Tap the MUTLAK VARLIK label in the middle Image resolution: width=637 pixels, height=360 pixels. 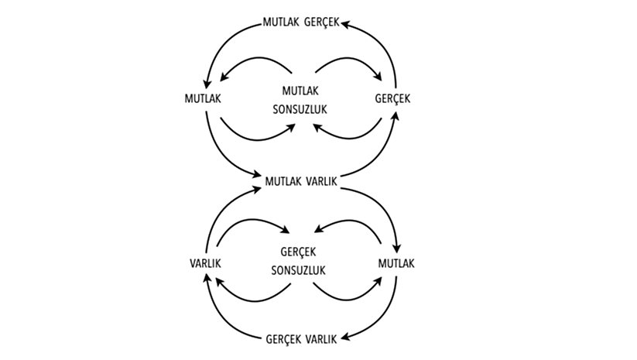click(x=301, y=181)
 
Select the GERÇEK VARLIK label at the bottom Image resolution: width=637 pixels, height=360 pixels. click(x=300, y=339)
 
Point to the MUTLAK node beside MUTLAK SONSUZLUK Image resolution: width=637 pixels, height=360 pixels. click(x=204, y=99)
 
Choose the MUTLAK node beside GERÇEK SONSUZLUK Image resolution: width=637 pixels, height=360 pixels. click(x=397, y=264)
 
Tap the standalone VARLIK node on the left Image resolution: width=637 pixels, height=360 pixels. click(x=206, y=264)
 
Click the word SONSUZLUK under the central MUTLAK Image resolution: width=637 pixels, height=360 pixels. click(x=300, y=109)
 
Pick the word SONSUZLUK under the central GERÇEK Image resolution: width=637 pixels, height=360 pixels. click(x=300, y=271)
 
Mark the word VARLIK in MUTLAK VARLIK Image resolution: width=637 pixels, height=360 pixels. click(x=319, y=181)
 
